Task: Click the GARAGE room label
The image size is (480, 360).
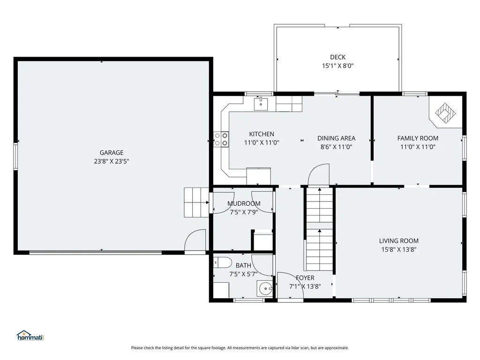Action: coord(112,152)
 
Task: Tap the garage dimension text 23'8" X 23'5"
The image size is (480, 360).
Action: coord(112,161)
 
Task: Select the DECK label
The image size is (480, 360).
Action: coord(337,57)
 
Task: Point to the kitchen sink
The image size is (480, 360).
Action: coord(261,104)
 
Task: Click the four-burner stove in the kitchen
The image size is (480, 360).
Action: coord(221,139)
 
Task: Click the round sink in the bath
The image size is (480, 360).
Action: coord(264,288)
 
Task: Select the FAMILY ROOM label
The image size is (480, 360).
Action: coord(418,138)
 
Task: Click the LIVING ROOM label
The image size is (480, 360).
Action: coord(398,241)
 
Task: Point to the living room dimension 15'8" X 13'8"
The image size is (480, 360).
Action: coord(398,249)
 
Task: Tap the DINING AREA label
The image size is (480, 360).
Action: coord(336,138)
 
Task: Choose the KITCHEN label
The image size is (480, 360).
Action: coord(262,134)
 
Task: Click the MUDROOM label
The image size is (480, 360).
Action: coord(244,203)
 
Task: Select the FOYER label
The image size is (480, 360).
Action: coord(305,277)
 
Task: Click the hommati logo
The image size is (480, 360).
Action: coord(30,336)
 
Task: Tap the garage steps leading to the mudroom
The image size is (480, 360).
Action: coord(196,202)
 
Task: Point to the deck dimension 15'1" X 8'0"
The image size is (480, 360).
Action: coord(337,66)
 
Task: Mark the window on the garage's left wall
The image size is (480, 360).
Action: coord(15,157)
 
